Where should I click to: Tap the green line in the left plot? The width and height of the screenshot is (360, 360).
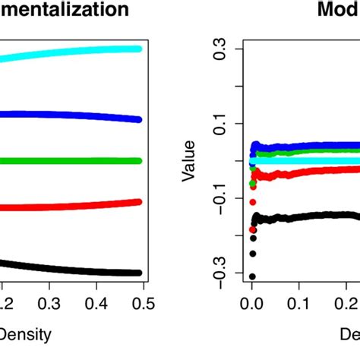point(76,161)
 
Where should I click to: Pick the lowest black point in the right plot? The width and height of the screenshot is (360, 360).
point(252,276)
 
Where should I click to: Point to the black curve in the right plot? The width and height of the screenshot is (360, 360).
point(304,216)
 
